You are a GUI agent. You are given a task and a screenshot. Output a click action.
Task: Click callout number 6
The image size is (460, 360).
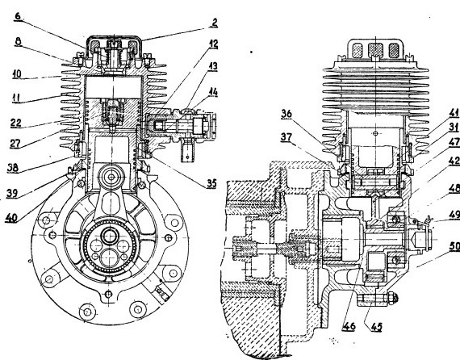tap(19, 16)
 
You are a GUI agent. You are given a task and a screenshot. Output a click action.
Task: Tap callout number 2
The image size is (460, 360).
tap(215, 23)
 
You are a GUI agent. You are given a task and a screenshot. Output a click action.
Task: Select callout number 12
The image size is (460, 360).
tap(213, 44)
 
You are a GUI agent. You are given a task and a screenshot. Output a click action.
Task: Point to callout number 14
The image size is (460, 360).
tap(213, 92)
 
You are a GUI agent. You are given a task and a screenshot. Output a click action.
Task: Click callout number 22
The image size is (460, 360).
tap(16, 123)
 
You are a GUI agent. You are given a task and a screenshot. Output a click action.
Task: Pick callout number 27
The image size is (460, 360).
tap(15, 144)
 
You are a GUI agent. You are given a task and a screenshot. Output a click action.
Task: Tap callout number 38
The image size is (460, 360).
tap(13, 168)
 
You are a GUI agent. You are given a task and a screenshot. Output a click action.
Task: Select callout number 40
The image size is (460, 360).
tap(11, 217)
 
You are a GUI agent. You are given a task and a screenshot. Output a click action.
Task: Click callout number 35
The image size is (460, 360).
tap(211, 184)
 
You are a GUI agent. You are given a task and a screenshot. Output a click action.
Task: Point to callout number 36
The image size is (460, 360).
tap(286, 114)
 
